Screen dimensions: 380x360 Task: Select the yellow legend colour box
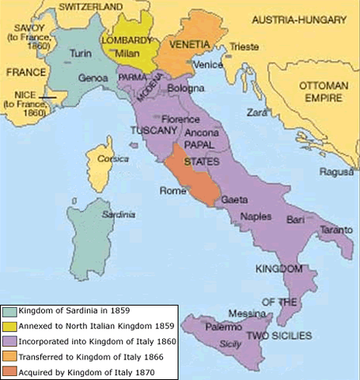point(8,325)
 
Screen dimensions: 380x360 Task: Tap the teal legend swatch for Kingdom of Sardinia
point(8,311)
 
